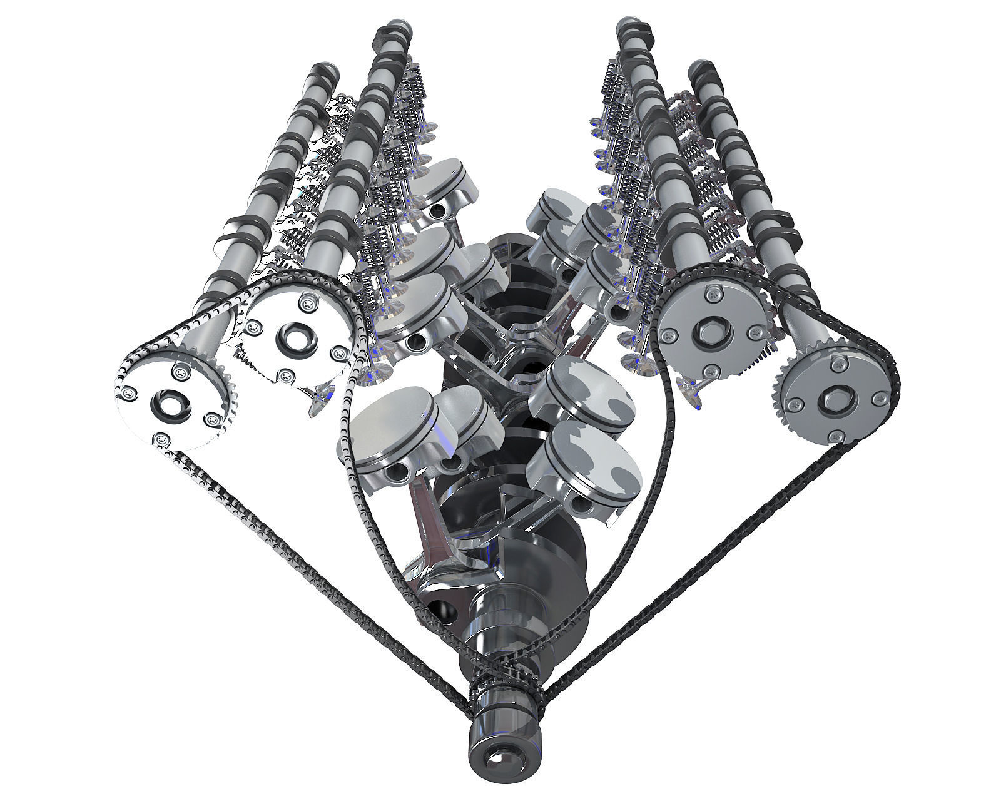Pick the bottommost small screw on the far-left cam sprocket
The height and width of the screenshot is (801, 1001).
pos(163,439)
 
